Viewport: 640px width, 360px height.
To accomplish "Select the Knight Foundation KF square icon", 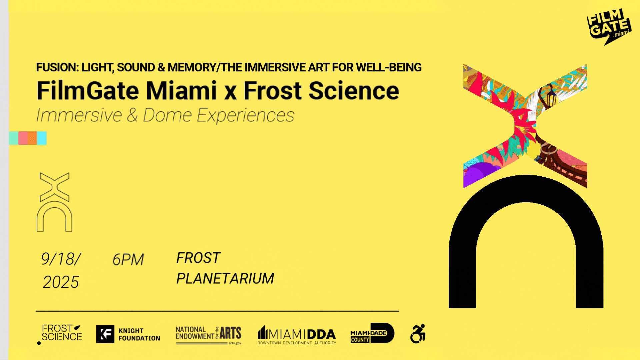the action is (x=105, y=334).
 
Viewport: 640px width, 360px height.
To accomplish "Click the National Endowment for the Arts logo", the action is (x=208, y=335).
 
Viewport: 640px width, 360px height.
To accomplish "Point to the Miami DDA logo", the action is (x=297, y=335).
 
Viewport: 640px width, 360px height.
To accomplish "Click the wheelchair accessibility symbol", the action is (x=418, y=333).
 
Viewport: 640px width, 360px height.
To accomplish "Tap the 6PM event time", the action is (x=128, y=259).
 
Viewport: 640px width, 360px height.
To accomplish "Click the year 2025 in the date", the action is (x=61, y=282).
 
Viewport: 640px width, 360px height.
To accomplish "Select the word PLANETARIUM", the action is (x=225, y=278).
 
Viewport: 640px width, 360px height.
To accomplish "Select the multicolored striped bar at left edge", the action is (x=28, y=138).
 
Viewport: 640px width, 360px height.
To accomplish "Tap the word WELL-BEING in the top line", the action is (x=389, y=67).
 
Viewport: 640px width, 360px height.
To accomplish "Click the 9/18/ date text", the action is (x=61, y=259).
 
